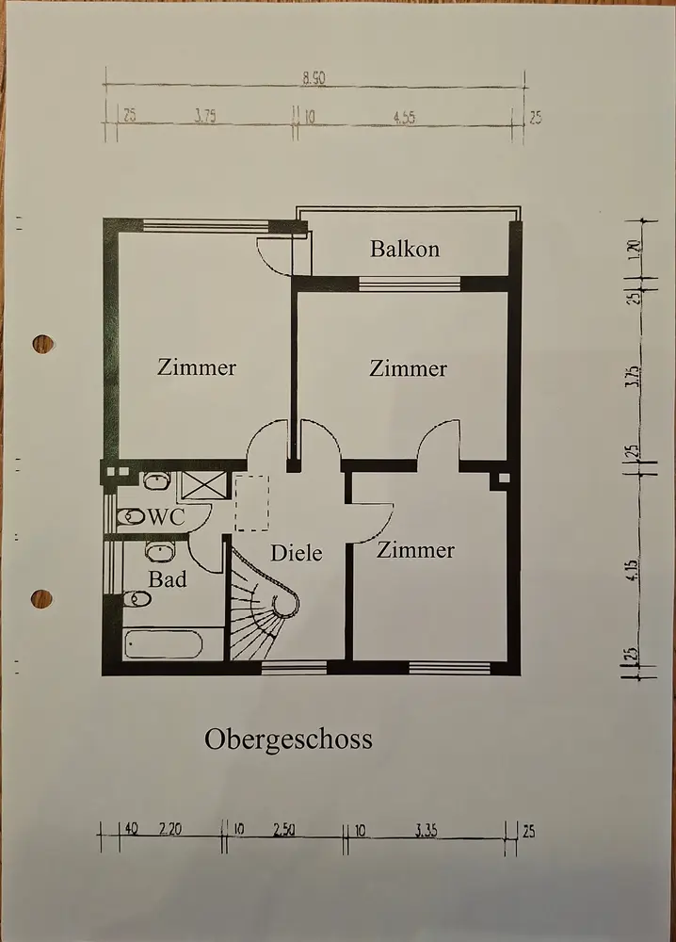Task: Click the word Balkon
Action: point(405,250)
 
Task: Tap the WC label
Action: point(167,516)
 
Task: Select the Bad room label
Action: point(167,579)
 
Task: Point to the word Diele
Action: point(297,553)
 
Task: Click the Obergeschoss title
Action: point(288,740)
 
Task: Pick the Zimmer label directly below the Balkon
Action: point(408,368)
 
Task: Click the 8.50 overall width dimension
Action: point(314,80)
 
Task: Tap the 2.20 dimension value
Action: point(170,830)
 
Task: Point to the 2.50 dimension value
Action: point(284,830)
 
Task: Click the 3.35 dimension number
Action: point(426,830)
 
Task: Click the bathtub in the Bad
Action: point(164,645)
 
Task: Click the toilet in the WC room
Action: point(131,517)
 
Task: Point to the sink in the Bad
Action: point(158,550)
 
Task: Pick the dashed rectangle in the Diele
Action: point(251,504)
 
